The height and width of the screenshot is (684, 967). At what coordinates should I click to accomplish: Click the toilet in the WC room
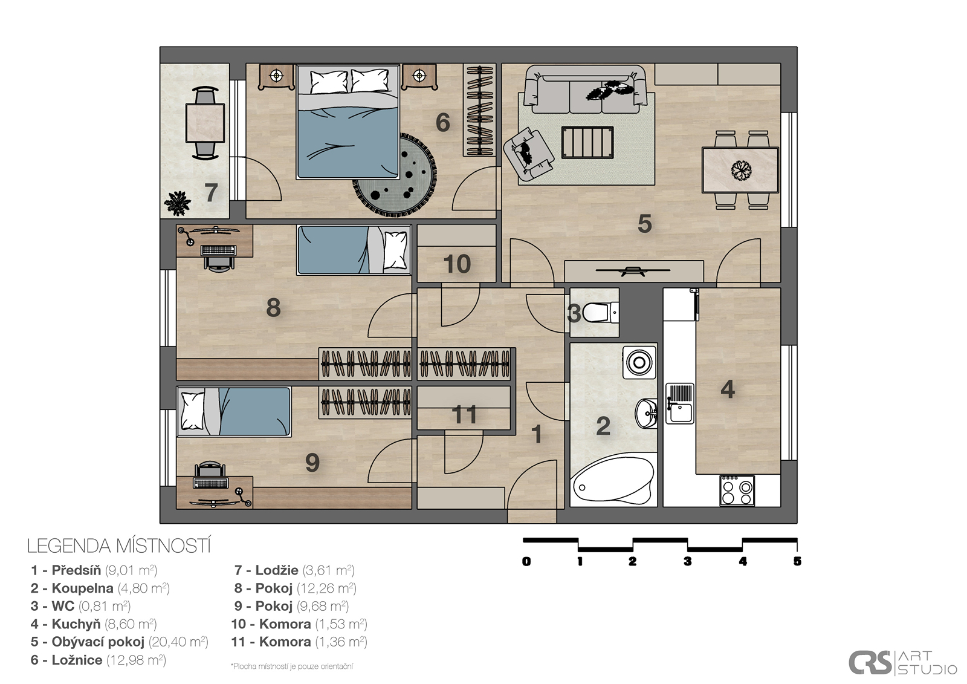click(601, 313)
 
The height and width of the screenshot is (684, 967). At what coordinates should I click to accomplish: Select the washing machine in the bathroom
click(639, 362)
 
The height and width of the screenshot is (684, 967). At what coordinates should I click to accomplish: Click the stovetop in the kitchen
click(737, 490)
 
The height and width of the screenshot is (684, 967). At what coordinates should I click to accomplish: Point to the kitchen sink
click(679, 403)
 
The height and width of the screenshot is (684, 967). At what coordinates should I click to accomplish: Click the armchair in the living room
click(528, 154)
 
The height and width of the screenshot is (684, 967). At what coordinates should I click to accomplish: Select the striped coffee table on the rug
click(587, 142)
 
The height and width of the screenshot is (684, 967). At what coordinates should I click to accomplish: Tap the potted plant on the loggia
click(177, 203)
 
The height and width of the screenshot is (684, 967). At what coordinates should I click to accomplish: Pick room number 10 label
click(457, 264)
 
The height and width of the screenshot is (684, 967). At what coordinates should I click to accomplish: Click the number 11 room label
click(464, 414)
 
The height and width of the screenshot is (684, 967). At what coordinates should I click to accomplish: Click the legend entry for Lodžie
click(294, 570)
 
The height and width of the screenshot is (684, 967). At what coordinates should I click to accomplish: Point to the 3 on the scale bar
click(687, 561)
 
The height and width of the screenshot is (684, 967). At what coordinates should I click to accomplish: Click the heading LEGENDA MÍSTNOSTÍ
click(119, 546)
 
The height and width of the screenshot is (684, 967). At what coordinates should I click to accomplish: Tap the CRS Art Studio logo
click(902, 662)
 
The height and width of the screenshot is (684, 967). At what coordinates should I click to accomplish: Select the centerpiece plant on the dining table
click(741, 170)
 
